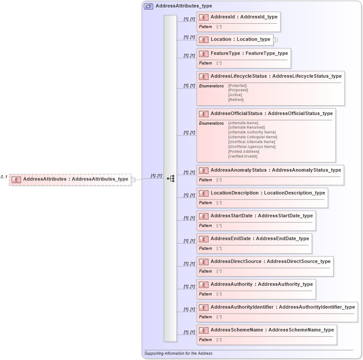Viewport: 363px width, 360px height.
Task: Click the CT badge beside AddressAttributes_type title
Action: coord(148,6)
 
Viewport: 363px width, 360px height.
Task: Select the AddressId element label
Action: coord(244,17)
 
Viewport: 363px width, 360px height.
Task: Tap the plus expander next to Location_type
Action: coord(275,40)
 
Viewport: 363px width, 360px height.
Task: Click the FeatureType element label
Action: coord(249,54)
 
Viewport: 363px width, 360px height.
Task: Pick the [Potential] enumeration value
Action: coord(237,86)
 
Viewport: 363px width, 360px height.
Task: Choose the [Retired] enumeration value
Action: coord(236,100)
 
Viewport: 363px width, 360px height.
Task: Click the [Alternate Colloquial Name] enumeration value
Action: coord(252,137)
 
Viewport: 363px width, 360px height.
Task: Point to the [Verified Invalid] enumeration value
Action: coord(243,156)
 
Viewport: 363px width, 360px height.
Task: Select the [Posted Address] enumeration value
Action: coord(243,151)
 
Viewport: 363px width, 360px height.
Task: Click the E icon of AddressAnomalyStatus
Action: coord(203,170)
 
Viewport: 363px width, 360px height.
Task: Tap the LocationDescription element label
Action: coord(267,193)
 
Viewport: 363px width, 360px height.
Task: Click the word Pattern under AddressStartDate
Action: coord(205,226)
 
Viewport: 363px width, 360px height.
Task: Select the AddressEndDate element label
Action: coord(259,239)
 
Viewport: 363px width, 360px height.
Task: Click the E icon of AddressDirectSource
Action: coord(203,262)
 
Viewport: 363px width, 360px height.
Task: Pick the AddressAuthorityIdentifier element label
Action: coord(282,307)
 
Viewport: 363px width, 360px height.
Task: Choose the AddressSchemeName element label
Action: coord(272,330)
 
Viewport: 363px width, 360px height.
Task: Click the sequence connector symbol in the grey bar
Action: coord(171,179)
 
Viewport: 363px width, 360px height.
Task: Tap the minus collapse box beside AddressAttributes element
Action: coord(133,179)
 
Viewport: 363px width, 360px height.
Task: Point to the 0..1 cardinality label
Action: coord(4,177)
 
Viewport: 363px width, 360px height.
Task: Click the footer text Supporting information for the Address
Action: coord(178,353)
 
